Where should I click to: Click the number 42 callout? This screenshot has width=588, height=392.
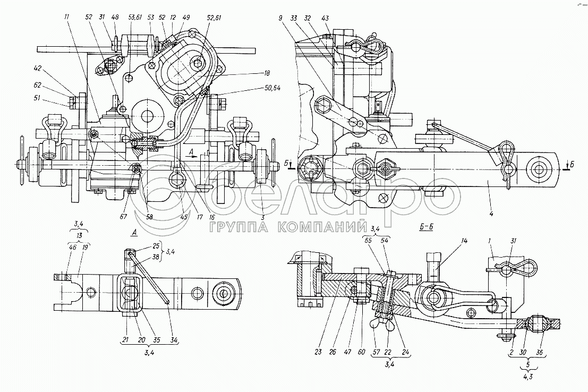pyautogui.click(x=37, y=69)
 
